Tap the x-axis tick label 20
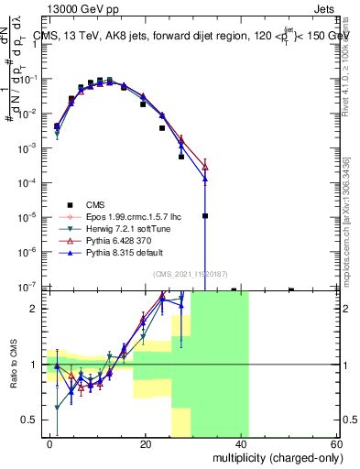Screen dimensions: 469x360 pos(146,443)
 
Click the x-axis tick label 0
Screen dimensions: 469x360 pos(50,443)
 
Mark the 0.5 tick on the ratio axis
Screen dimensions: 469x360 pos(31,420)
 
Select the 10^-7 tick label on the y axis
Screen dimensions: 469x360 pos(28,287)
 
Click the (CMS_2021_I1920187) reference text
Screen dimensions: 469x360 pos(191,274)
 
